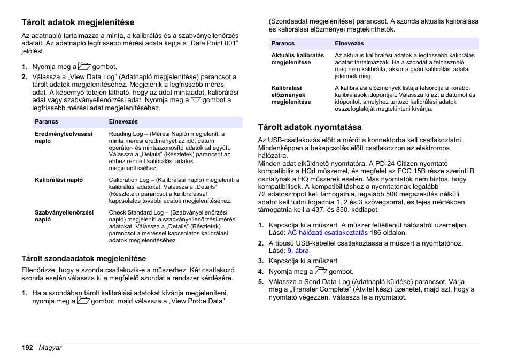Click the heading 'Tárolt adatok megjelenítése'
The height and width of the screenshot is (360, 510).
[x=78, y=22]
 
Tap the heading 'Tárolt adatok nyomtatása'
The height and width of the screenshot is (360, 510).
[x=310, y=127]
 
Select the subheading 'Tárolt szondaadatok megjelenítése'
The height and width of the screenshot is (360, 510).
[x=83, y=259]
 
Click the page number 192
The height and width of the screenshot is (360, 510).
[x=27, y=348]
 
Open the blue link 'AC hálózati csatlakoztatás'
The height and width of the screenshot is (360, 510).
[x=327, y=233]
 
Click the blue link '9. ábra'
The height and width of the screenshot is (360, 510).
[x=298, y=251]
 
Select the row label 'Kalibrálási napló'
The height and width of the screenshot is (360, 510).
[x=59, y=180]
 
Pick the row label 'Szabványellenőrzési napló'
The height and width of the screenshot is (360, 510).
[x=64, y=216]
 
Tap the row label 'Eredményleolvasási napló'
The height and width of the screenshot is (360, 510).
[x=64, y=137]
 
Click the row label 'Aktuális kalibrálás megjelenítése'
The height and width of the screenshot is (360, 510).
[x=298, y=58]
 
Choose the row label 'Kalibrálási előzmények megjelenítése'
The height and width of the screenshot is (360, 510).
[x=291, y=95]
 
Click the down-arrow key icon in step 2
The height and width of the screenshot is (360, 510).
[x=196, y=99]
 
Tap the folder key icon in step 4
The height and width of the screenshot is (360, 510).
[x=320, y=271]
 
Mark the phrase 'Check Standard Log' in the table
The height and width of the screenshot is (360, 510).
[x=136, y=212]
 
